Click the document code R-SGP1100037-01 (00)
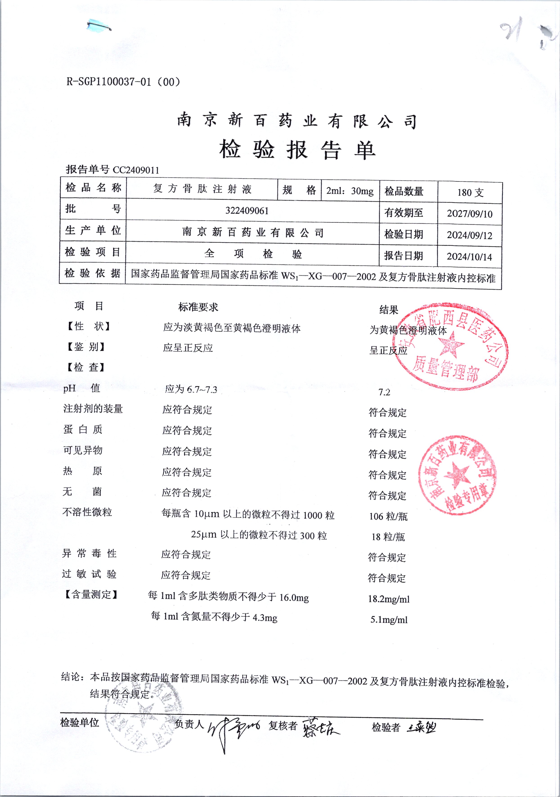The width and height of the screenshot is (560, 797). (123, 82)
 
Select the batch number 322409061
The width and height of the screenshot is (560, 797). (247, 211)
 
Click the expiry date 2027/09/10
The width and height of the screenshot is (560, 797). (469, 214)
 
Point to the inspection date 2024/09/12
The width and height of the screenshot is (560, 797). (469, 235)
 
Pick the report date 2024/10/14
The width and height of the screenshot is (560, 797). (469, 257)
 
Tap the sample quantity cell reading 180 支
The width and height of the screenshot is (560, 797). (470, 193)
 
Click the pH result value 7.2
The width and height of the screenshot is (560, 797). (384, 392)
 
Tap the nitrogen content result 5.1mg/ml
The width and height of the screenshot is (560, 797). (389, 620)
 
